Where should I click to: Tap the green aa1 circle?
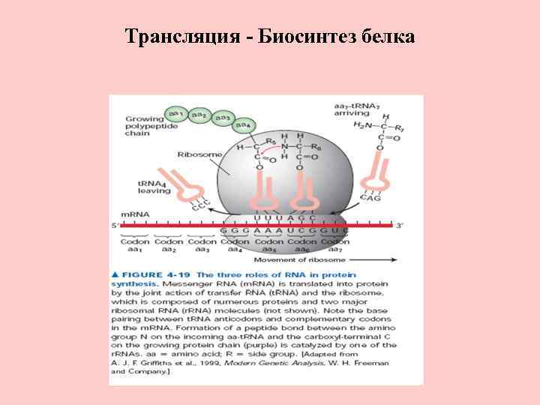[177, 113]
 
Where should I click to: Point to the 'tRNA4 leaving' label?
[154, 187]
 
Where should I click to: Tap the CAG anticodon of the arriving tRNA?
[370, 199]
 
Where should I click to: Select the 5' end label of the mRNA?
[115, 225]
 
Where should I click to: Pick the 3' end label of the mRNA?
[400, 225]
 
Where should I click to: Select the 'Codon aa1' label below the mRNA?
[135, 245]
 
